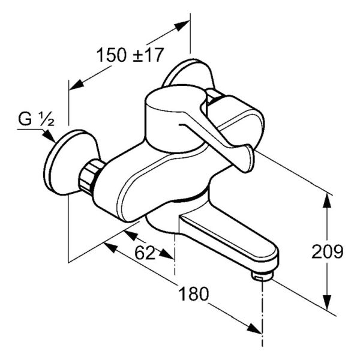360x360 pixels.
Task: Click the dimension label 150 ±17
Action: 130,55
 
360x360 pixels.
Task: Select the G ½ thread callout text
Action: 36,119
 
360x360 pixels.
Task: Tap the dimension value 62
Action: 145,253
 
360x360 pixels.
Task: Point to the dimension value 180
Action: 194,294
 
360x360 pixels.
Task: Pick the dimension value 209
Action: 327,251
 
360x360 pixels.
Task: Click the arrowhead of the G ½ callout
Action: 49,136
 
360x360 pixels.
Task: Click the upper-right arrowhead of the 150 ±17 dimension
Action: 182,25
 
